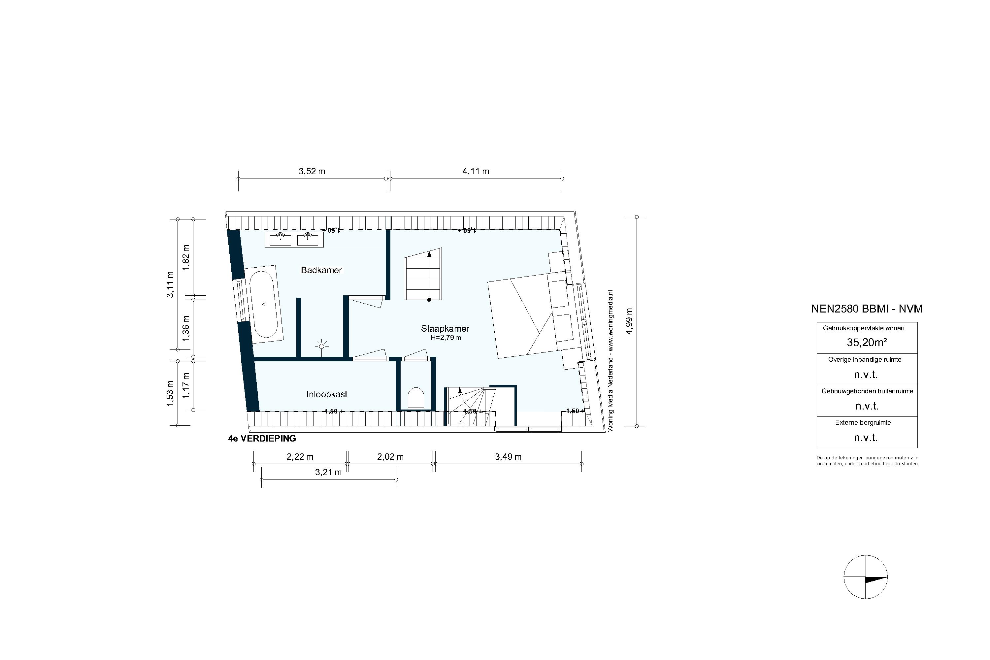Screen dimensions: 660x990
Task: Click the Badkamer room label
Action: (x=321, y=270)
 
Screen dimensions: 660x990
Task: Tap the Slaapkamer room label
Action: (x=445, y=329)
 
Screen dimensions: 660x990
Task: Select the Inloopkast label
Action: (x=327, y=394)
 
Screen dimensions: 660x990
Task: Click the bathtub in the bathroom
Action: (x=264, y=304)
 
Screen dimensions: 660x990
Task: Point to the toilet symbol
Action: (x=416, y=398)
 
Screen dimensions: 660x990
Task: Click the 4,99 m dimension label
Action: (x=629, y=321)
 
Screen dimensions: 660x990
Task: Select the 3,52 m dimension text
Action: (x=312, y=171)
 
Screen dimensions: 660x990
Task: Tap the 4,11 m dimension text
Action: (x=476, y=171)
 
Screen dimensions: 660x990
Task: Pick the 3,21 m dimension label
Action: (x=328, y=472)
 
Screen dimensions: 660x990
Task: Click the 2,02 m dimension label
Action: (x=390, y=457)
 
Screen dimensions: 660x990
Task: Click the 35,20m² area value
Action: (x=867, y=343)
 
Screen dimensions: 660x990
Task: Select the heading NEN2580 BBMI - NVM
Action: (x=867, y=309)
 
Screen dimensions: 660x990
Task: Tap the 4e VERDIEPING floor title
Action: (x=262, y=439)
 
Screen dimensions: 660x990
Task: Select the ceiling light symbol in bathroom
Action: (x=321, y=346)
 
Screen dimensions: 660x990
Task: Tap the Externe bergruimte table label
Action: (x=863, y=423)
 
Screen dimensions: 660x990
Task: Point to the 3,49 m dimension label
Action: (x=508, y=457)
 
